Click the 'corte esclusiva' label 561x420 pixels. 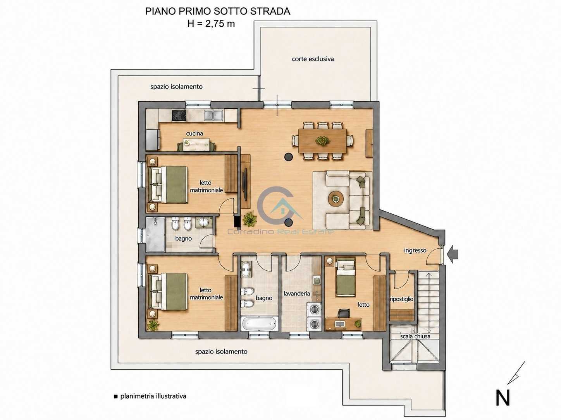coord(313,59)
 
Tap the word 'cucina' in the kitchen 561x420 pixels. coord(194,133)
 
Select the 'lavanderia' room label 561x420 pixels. coord(296,294)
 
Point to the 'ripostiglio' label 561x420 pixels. coord(401,299)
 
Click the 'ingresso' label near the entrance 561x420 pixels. coord(415,251)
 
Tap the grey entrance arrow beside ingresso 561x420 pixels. coord(453,254)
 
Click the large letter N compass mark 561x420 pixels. coord(503,398)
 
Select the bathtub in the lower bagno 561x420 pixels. coord(259,324)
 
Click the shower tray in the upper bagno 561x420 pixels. coord(156,235)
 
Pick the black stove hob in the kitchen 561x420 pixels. coord(179,115)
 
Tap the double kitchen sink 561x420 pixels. coord(213,115)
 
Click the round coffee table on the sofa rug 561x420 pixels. coord(336,198)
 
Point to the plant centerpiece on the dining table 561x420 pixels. coord(322,140)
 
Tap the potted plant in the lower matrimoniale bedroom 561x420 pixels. coord(153,325)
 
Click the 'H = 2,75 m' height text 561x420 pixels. coord(211,24)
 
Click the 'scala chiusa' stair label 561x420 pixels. coord(415,336)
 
